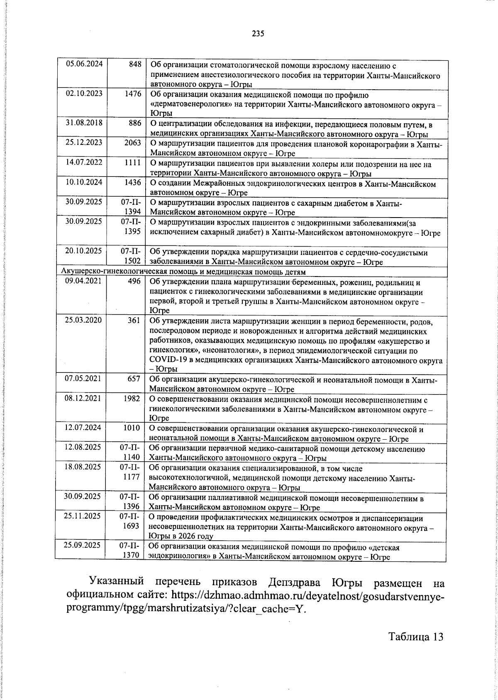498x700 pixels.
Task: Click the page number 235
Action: point(258,34)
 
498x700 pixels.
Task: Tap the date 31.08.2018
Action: point(84,123)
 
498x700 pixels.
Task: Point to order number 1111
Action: point(133,162)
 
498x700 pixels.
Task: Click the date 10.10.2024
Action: point(84,182)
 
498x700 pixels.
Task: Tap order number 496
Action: point(135,282)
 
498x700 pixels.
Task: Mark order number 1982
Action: point(132,398)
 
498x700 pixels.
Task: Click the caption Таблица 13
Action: point(416,648)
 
